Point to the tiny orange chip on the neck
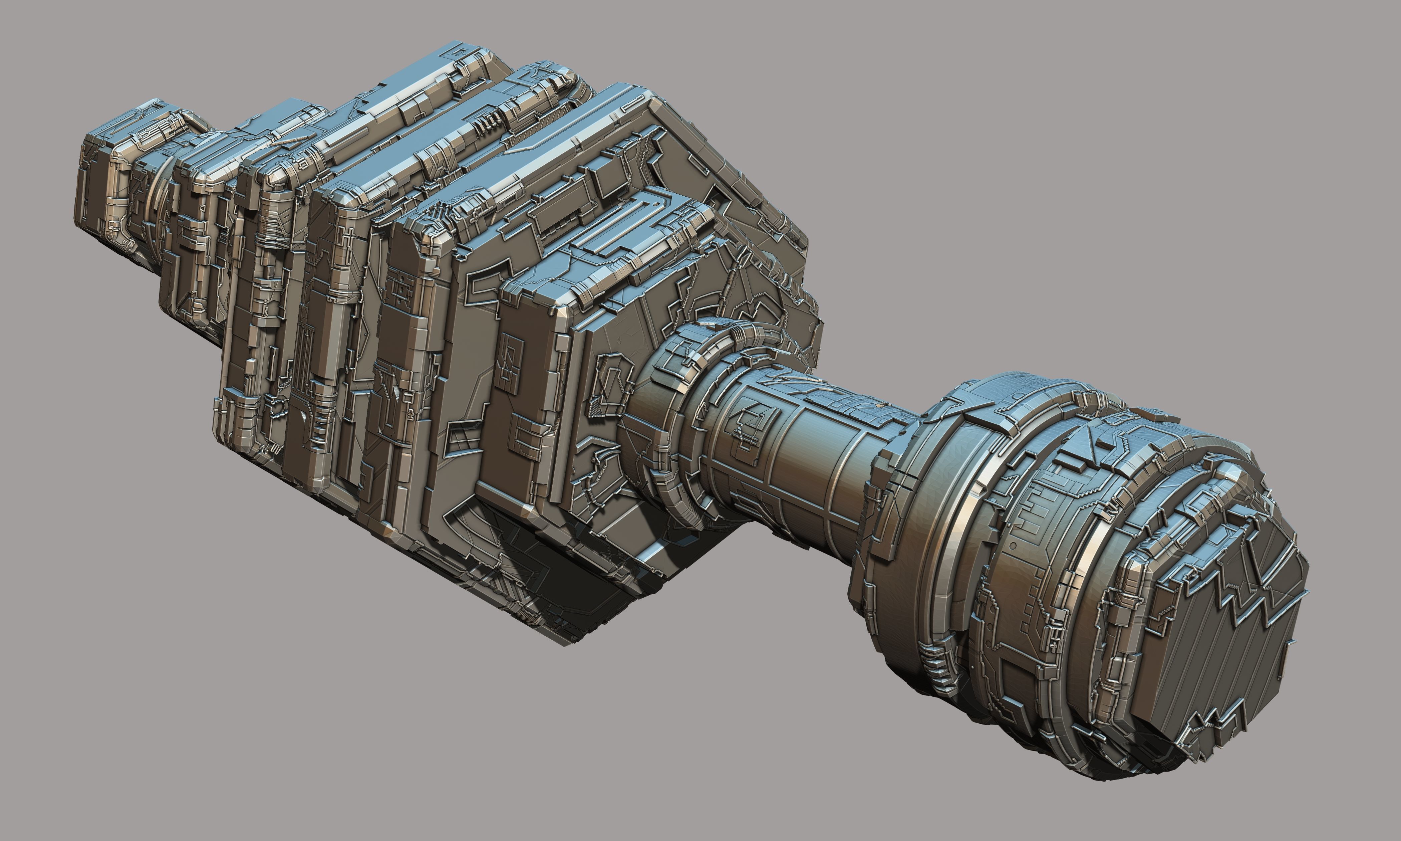[x=879, y=406]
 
